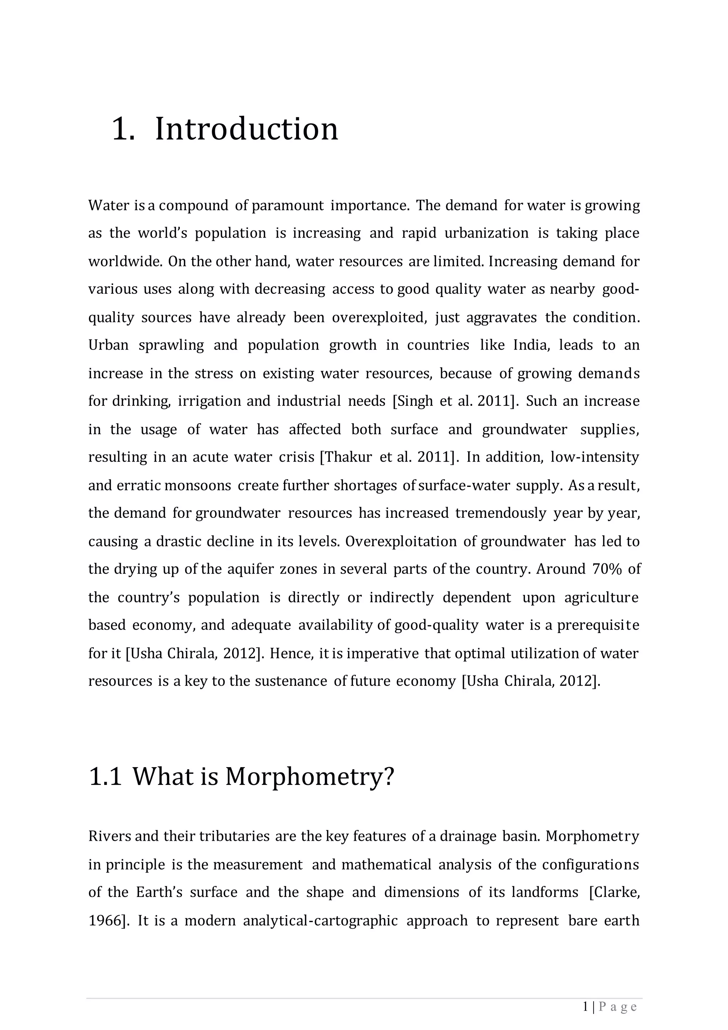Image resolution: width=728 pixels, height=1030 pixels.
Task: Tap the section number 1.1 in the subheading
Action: click(x=105, y=776)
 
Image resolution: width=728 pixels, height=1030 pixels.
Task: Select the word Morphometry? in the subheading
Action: click(x=309, y=776)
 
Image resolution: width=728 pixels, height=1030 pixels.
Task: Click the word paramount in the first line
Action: click(x=287, y=206)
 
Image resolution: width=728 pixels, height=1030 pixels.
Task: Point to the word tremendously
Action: click(x=501, y=513)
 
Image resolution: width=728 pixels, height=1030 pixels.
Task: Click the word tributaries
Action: click(x=235, y=836)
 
